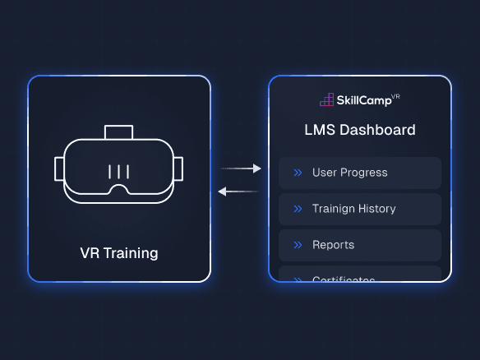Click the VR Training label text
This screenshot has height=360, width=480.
(119, 253)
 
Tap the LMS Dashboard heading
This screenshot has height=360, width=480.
(360, 130)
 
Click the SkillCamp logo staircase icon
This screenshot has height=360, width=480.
(327, 100)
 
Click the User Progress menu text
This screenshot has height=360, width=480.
(349, 173)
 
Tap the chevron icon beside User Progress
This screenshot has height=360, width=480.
(298, 173)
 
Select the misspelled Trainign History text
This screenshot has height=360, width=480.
(353, 209)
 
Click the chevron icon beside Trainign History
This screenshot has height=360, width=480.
(298, 209)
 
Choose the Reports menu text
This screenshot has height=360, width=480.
(333, 245)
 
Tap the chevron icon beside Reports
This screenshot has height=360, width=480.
(298, 245)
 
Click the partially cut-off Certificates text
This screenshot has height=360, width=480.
(344, 279)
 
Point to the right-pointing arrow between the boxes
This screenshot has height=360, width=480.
(241, 168)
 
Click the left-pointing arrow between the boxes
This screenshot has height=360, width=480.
(238, 192)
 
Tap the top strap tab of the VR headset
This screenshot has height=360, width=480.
(119, 132)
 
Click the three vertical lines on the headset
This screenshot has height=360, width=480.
(119, 172)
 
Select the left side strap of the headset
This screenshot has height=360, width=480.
(59, 168)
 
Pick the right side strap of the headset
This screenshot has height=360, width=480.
(179, 168)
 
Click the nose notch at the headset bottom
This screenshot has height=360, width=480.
(119, 190)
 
